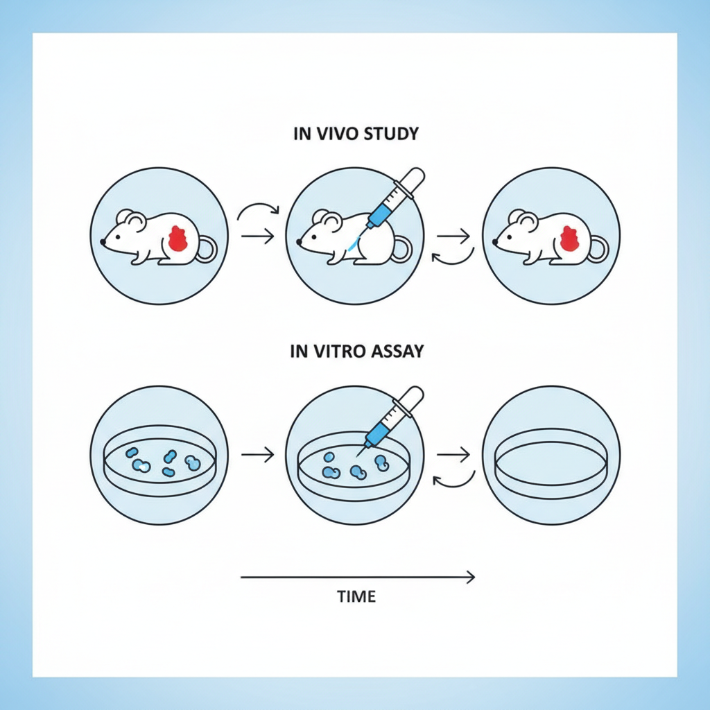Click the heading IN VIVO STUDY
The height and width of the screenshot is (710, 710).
pyautogui.click(x=356, y=134)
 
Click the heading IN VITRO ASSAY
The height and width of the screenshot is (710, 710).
pyautogui.click(x=356, y=352)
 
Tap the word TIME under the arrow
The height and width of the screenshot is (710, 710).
pyautogui.click(x=356, y=596)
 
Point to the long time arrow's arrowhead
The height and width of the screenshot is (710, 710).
pyautogui.click(x=471, y=576)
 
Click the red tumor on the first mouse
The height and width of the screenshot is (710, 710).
pyautogui.click(x=179, y=239)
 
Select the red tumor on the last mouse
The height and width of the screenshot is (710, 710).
pyautogui.click(x=570, y=238)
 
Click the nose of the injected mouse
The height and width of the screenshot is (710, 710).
pyautogui.click(x=300, y=243)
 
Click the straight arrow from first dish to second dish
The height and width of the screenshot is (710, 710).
pyautogui.click(x=257, y=455)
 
